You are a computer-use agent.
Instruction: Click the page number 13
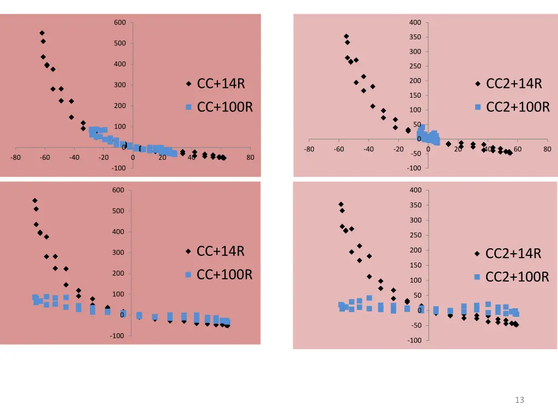(519, 400)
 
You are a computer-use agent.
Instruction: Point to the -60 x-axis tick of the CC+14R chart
(45, 158)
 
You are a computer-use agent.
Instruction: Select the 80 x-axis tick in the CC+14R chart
(250, 158)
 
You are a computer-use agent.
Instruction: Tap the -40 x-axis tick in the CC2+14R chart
(368, 149)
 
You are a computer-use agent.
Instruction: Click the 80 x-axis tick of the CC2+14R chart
(547, 149)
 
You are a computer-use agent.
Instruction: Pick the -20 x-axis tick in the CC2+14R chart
(398, 149)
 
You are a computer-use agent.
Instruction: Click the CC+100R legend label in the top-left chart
(225, 106)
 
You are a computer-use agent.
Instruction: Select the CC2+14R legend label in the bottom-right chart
(513, 254)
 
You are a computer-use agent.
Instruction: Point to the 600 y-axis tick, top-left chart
(120, 22)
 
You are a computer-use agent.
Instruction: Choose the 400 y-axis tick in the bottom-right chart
(415, 190)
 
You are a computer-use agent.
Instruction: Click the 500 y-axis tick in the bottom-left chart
(120, 211)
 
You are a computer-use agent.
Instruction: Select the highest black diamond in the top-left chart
(42, 33)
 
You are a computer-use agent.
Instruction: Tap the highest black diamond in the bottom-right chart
(341, 204)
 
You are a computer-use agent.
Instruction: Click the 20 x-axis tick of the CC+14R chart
(162, 158)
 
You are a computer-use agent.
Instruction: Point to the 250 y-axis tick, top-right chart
(415, 67)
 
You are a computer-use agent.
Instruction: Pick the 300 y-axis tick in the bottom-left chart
(120, 253)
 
